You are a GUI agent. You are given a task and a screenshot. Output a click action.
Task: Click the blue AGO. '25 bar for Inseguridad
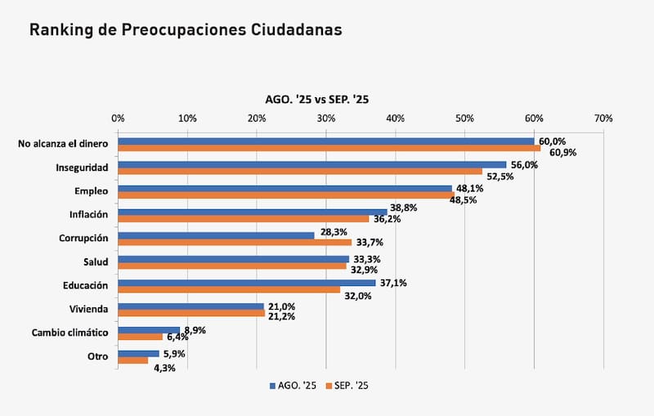[311, 164]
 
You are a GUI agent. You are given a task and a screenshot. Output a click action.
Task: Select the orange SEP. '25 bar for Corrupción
[235, 242]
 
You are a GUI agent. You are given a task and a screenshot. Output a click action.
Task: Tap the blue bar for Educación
[246, 282]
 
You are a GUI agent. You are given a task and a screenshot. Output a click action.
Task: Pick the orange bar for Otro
[133, 360]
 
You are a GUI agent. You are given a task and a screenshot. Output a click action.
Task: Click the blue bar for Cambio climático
[149, 330]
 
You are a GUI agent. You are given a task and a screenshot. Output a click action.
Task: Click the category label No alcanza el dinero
[63, 144]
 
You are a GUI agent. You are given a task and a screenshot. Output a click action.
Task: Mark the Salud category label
[95, 262]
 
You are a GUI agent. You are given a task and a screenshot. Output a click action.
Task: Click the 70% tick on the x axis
[603, 119]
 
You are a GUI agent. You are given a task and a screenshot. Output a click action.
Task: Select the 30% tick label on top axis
[326, 119]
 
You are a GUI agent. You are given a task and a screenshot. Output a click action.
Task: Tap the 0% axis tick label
[119, 119]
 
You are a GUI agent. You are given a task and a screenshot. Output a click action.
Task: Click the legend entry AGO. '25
[296, 384]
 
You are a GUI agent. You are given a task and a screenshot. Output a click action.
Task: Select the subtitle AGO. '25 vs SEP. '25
[317, 99]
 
